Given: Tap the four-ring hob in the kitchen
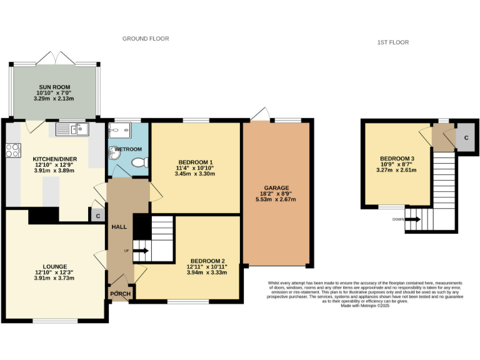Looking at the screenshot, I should [12, 150].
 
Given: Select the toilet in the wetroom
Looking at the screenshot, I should [140, 162].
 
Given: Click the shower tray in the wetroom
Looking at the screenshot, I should [119, 131].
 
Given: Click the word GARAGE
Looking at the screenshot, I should [276, 187].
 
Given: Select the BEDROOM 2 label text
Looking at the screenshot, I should [207, 261].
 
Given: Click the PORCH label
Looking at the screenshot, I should [120, 294].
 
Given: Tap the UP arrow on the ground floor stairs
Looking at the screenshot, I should [141, 251].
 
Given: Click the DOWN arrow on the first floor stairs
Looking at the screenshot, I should [412, 219].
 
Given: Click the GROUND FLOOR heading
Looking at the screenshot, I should [146, 39].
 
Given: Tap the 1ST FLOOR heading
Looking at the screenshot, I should [392, 42].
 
